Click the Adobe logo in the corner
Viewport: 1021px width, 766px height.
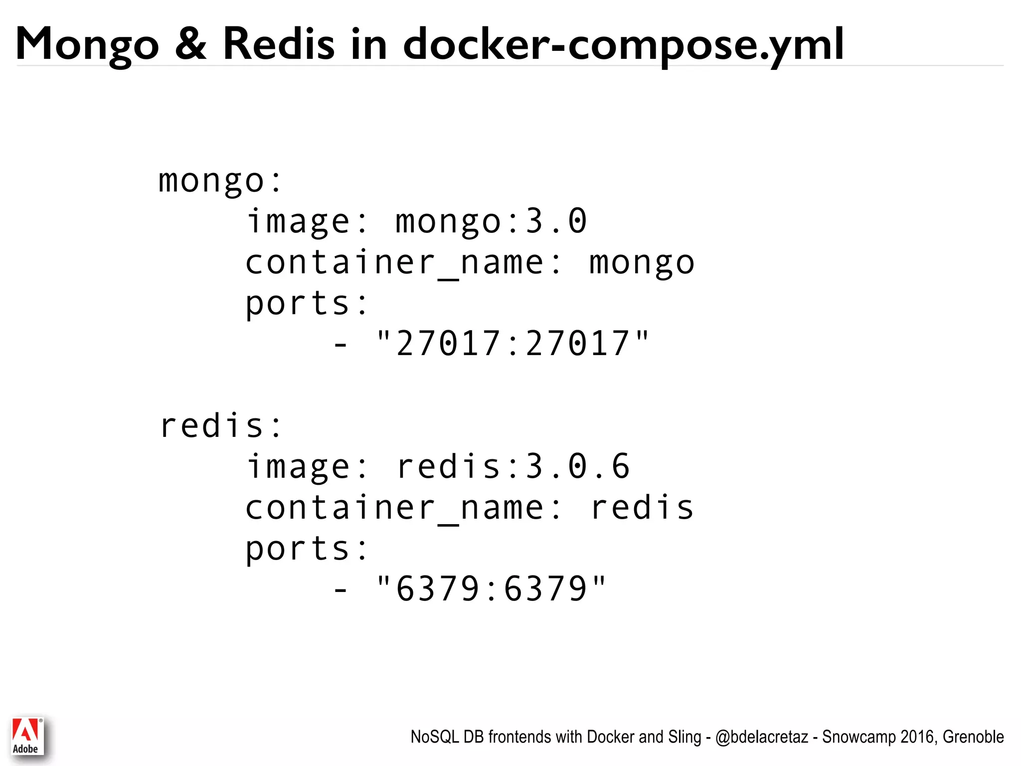[x=27, y=736]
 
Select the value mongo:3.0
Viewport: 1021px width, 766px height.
[x=491, y=221]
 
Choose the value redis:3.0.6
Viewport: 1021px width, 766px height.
[x=513, y=467]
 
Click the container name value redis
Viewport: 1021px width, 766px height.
[x=642, y=508]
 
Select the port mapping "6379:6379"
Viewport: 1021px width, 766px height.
[x=491, y=588]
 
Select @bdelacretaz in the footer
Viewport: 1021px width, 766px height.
[x=761, y=737]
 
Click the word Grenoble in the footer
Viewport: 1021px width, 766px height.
[x=973, y=737]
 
